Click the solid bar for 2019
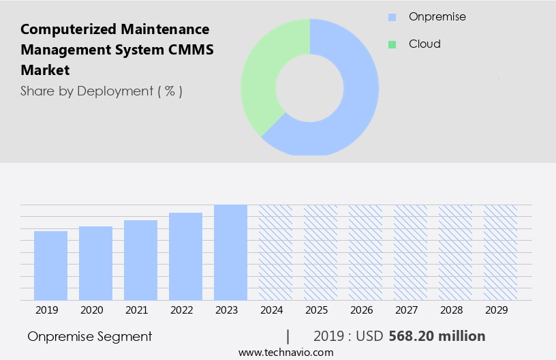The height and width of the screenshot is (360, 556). [x=50, y=266]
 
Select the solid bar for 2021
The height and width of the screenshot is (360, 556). [x=140, y=260]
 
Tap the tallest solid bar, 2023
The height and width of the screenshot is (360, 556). [x=230, y=252]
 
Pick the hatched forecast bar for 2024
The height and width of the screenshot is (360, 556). [x=275, y=252]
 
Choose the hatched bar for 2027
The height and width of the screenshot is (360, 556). [x=410, y=252]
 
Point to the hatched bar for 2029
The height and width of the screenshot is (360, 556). [x=500, y=252]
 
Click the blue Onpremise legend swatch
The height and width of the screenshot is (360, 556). [x=392, y=16]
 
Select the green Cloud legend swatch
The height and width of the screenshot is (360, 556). [x=392, y=44]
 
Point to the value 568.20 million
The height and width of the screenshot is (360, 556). [x=437, y=336]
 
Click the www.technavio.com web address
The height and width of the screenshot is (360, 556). [x=286, y=352]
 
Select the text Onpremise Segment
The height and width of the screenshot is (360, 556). [x=90, y=336]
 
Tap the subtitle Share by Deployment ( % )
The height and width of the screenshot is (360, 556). [x=102, y=91]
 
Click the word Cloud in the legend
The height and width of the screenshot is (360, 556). [x=424, y=44]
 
